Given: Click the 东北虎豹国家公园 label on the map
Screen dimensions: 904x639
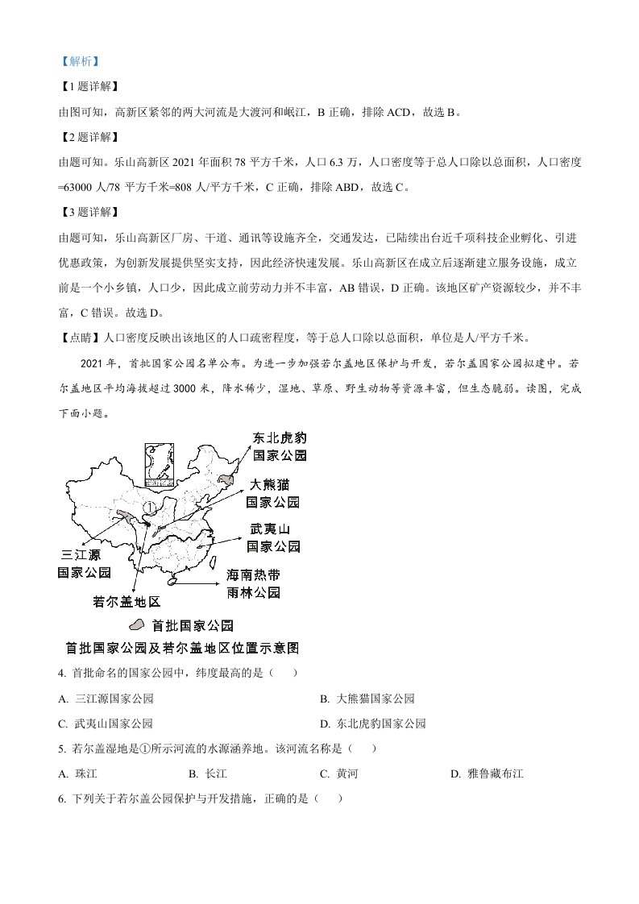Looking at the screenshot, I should coord(280,446).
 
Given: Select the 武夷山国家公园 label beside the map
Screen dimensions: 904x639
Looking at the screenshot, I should coord(273,537).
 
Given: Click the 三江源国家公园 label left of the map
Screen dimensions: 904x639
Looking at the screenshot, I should coord(85,564).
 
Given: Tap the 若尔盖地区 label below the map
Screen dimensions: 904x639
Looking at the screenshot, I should coord(128,601).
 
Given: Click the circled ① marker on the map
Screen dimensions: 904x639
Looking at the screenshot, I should coord(149,509).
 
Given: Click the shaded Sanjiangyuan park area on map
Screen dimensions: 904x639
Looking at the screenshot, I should coord(127,516).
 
